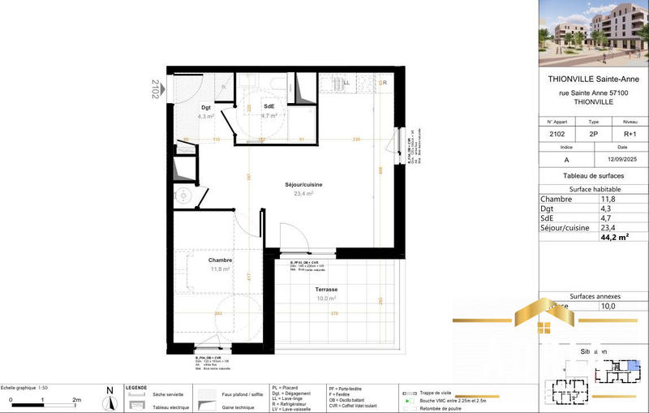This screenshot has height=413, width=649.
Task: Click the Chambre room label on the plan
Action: (x=221, y=260)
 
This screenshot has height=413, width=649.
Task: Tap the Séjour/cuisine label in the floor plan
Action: (x=303, y=185)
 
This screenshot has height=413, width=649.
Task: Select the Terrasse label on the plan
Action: (x=327, y=289)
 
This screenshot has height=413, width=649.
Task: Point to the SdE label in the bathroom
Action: (x=269, y=106)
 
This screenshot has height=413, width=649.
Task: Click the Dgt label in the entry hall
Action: (x=206, y=108)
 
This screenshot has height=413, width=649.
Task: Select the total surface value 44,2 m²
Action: (x=615, y=238)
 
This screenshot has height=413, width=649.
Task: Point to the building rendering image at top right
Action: (x=594, y=32)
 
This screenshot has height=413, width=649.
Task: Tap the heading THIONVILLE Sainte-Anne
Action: (x=594, y=80)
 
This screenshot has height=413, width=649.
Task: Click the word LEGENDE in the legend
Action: (x=135, y=388)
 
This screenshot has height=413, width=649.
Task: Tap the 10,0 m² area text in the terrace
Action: (x=326, y=299)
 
